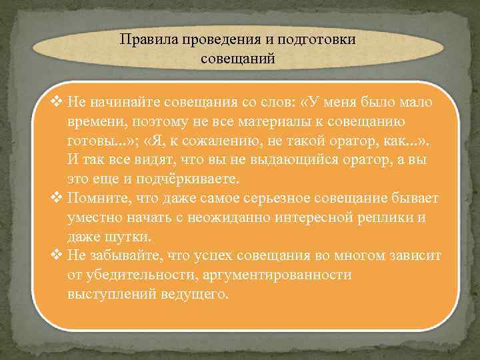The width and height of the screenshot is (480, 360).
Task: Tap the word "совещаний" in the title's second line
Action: (238, 59)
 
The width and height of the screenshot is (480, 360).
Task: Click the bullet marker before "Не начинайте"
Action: (57, 103)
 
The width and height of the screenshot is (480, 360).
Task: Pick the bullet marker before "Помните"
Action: (57, 199)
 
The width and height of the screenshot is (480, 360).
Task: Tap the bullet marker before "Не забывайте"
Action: (57, 256)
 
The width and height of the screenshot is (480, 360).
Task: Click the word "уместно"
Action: (93, 218)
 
